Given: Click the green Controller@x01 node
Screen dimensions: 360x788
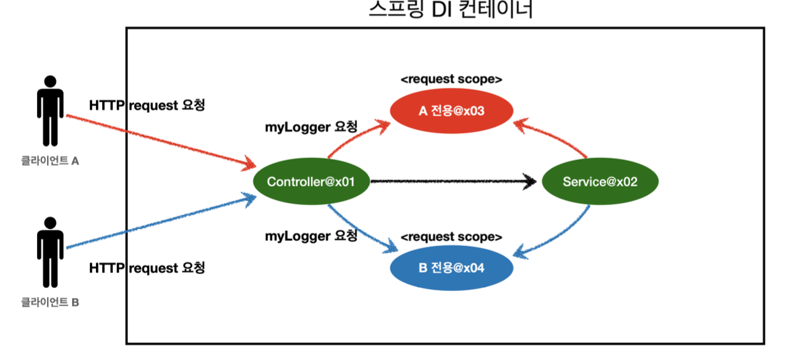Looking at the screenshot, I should tap(311, 182).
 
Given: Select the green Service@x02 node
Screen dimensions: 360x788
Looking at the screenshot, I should tap(600, 182).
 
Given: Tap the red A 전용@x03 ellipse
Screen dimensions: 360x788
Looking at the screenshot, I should tap(452, 111).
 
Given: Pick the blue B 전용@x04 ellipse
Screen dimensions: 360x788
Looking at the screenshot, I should tap(452, 268).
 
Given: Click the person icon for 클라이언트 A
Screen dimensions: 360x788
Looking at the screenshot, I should tap(50, 111).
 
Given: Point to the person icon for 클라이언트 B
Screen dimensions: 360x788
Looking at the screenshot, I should tap(50, 252).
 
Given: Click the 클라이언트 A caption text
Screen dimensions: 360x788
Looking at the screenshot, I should tap(50, 161).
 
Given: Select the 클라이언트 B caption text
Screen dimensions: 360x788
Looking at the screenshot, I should tap(50, 302).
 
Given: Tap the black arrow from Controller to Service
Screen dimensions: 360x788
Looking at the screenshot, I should tap(452, 182).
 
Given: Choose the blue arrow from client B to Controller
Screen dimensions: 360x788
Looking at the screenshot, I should tap(157, 224).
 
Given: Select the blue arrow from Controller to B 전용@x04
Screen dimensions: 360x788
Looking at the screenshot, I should tap(358, 227).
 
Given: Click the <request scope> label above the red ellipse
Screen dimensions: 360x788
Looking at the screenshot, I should tap(452, 80).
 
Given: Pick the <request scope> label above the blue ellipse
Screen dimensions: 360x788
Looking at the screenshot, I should tap(452, 237).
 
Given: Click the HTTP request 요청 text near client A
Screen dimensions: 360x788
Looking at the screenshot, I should tap(147, 105).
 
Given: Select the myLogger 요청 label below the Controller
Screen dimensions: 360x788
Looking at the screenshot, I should tap(311, 236).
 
